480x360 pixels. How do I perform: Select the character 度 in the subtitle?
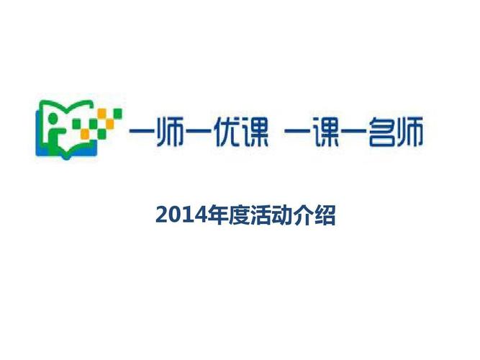(232, 215)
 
